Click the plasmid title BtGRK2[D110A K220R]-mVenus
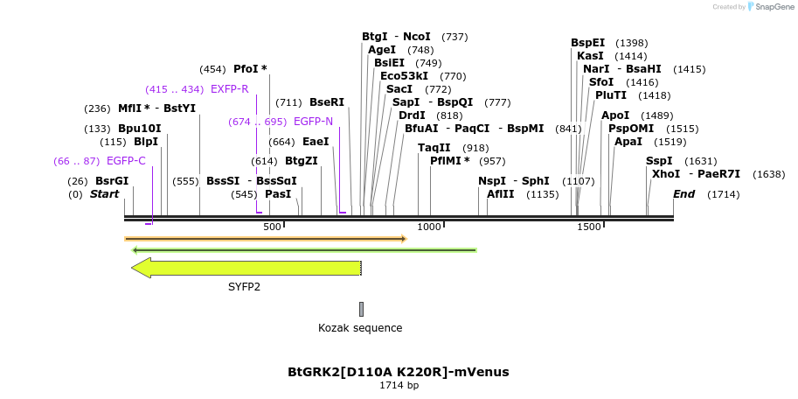point(399,372)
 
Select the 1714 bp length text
point(399,385)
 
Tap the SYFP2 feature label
point(245,286)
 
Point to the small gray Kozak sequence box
point(361,309)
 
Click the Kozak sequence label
point(360,328)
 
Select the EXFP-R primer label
point(230,89)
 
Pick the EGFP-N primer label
point(313,122)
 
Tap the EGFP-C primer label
point(126,161)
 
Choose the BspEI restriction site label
point(587,43)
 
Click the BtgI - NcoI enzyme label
point(396,37)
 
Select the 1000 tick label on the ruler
point(429,227)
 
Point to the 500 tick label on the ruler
point(272,227)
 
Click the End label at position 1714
point(684,194)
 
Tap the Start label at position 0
point(104,194)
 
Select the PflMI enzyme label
point(449,161)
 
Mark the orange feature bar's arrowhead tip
point(406,238)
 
